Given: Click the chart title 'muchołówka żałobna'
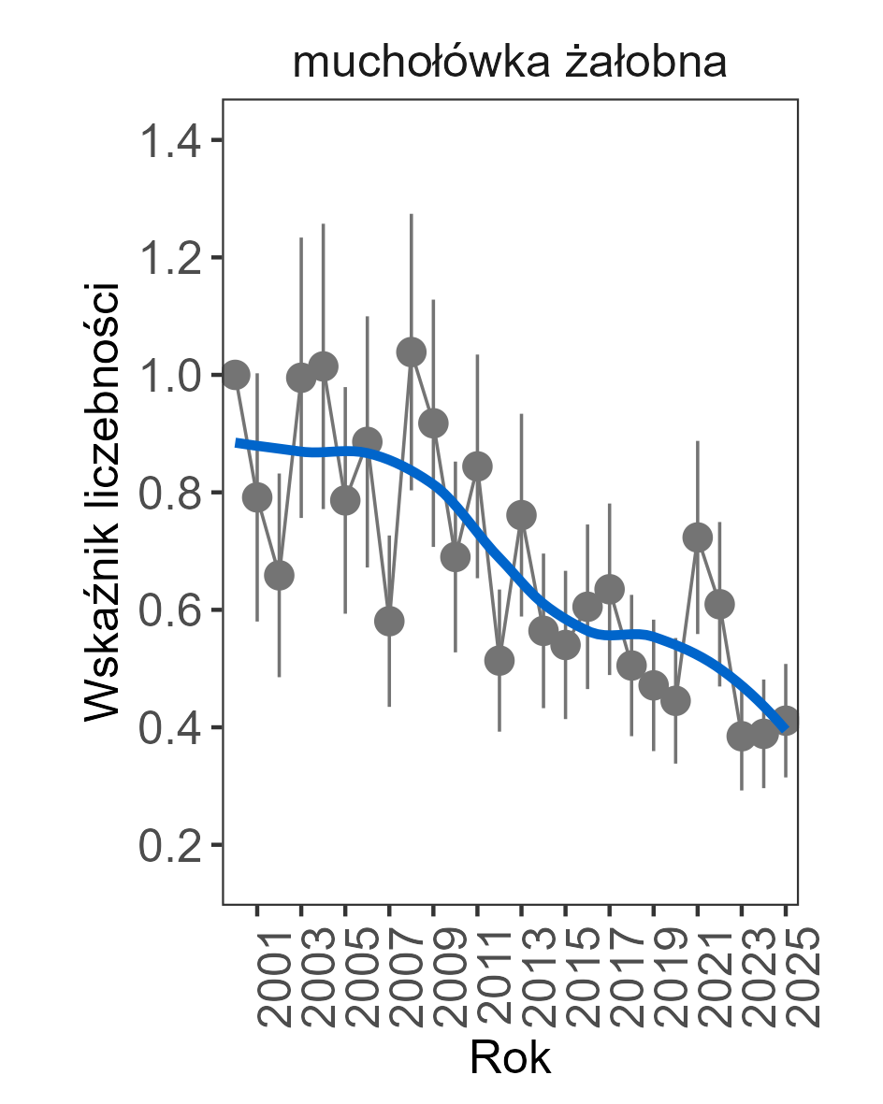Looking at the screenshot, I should [x=510, y=64].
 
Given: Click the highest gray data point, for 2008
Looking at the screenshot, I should [x=412, y=352].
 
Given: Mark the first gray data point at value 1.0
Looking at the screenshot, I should [x=236, y=375].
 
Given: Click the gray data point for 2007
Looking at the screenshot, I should [x=389, y=621].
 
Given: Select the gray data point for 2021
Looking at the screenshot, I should [x=698, y=537].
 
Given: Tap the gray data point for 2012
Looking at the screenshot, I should [x=499, y=661].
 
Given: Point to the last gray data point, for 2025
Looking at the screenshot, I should [x=786, y=720].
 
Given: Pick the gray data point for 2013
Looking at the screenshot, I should [x=521, y=515].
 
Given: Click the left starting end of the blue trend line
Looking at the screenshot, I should [x=238, y=442].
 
